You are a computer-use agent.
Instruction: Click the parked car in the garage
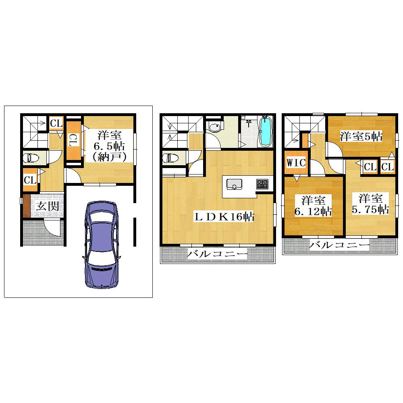pos(101,244)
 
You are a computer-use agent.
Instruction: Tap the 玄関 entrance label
pos(47,206)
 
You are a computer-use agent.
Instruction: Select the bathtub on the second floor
pos(264,131)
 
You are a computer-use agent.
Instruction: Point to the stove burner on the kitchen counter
pos(262,184)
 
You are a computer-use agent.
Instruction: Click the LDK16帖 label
pos(224,217)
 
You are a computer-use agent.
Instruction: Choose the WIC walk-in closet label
pos(296,162)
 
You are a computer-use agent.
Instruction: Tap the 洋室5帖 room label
pos(361,136)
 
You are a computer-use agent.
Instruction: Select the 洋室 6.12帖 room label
pos(313,206)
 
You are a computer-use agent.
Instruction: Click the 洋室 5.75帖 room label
pos(370,204)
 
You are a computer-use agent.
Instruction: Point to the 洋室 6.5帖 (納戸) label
pos(109,146)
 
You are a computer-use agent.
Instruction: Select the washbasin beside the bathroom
pos(214,127)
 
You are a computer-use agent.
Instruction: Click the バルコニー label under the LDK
pos(218,254)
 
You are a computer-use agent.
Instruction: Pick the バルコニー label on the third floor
pos(339,245)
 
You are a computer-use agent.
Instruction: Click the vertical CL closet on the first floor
pos(73,140)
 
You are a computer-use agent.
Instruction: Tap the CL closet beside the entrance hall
pos(30,180)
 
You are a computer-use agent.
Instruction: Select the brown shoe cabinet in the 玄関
pos(27,206)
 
